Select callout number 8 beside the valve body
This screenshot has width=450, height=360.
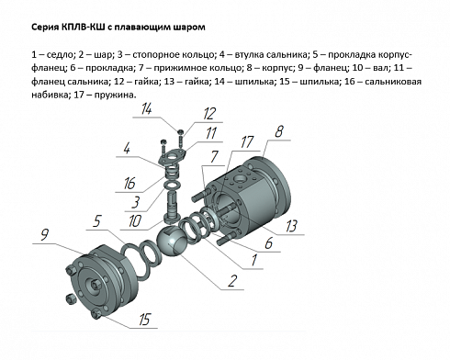click(x=279, y=132)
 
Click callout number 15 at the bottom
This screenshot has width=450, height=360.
click(x=144, y=321)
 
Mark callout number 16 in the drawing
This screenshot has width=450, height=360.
click(x=130, y=184)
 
